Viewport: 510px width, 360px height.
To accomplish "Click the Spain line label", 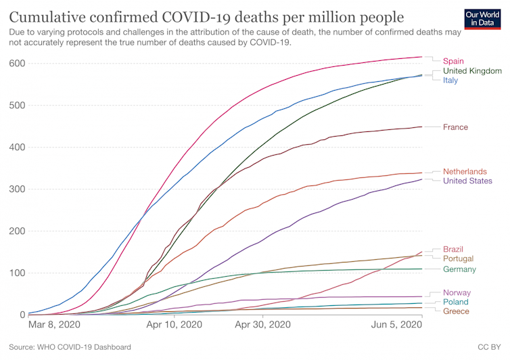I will (453, 62).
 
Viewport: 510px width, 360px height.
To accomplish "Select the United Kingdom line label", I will (472, 71).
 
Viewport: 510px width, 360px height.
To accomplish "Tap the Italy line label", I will (450, 81).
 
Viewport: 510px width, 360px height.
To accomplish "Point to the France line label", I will (455, 127).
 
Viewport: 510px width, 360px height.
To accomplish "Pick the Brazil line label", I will (453, 249).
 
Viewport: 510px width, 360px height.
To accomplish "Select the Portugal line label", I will (458, 258).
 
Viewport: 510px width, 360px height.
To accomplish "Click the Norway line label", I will (457, 292).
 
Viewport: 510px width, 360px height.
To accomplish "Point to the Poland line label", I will (455, 302).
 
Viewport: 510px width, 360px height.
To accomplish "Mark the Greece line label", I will (456, 311).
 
